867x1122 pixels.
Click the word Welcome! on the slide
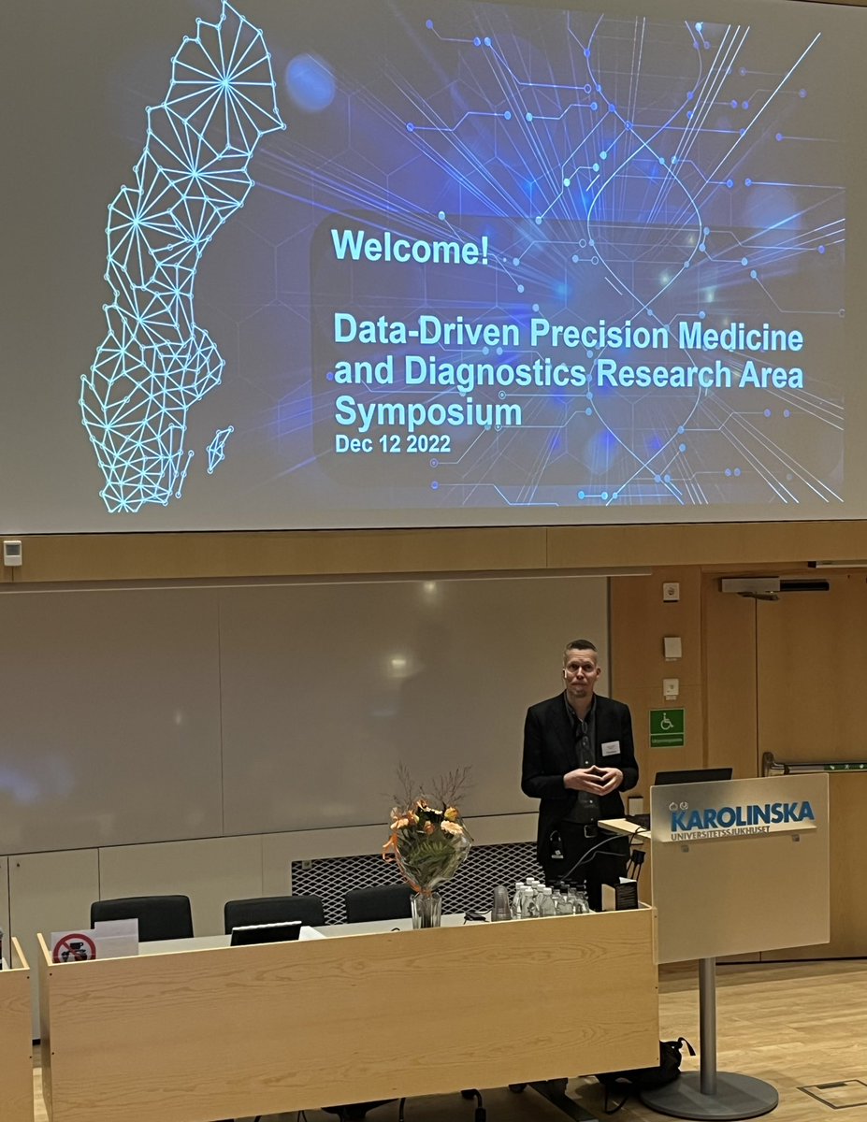click(410, 247)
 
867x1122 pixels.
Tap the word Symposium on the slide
click(427, 411)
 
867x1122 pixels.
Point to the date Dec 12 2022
click(393, 445)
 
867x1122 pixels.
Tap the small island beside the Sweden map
click(219, 449)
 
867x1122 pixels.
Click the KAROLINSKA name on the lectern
click(742, 815)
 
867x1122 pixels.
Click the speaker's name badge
click(611, 748)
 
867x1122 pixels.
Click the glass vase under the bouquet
click(426, 908)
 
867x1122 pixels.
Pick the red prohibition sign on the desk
click(74, 947)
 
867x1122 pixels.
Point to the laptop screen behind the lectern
click(692, 776)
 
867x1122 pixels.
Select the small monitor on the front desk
click(266, 932)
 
